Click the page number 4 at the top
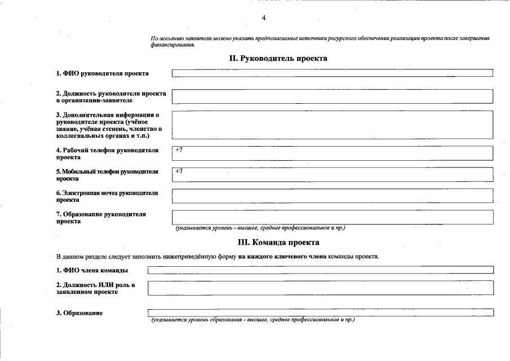click(x=264, y=18)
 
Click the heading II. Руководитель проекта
click(x=278, y=58)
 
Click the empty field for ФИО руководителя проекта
click(x=332, y=73)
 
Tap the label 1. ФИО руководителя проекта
click(x=102, y=73)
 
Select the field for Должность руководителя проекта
click(x=332, y=96)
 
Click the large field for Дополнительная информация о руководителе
click(x=332, y=125)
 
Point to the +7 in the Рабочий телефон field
click(x=179, y=150)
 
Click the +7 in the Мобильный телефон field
click(x=179, y=171)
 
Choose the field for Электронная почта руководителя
click(x=332, y=196)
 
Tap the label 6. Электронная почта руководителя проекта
click(x=107, y=196)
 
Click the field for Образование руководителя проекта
click(x=332, y=217)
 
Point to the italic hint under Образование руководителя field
click(x=260, y=228)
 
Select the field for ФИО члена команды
click(x=320, y=271)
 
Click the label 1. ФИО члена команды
click(x=91, y=271)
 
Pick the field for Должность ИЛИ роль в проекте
click(x=320, y=288)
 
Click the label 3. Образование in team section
click(x=79, y=313)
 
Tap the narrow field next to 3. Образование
click(x=320, y=312)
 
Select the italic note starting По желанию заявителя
click(x=320, y=41)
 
